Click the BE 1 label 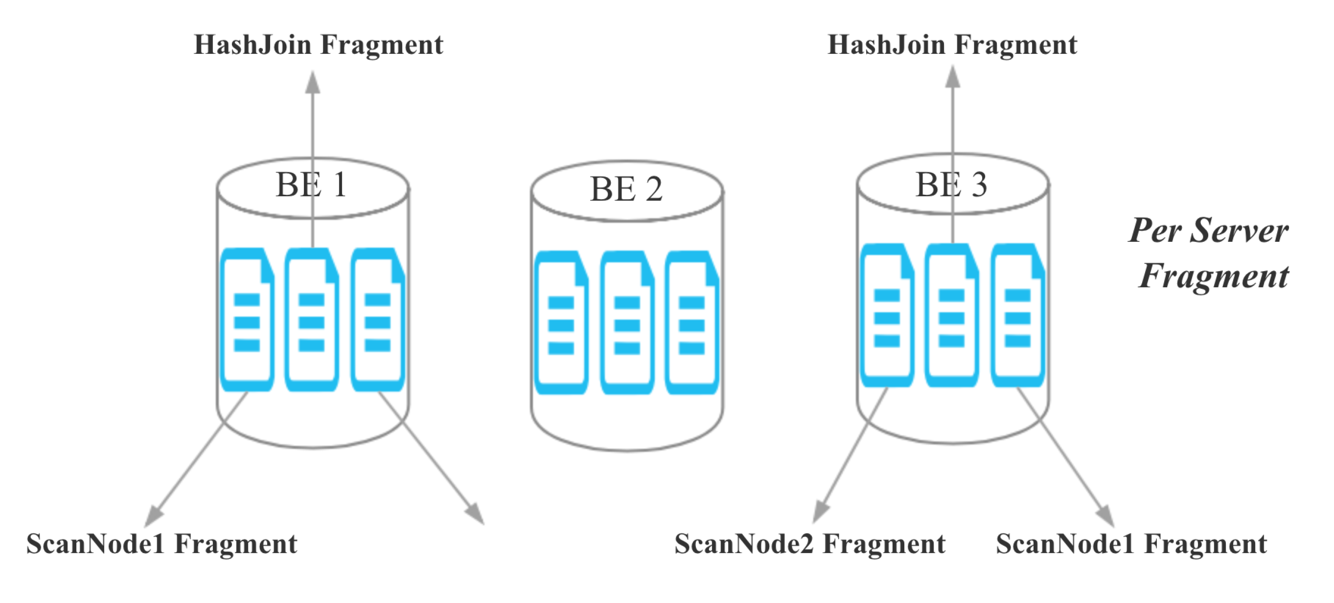point(311,185)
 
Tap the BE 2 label point(626,189)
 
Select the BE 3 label point(951,185)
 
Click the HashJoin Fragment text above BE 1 point(319,45)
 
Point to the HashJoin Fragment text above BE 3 point(952,45)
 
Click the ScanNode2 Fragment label point(810,544)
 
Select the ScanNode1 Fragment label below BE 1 point(162,544)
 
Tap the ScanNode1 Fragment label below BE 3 point(1131,544)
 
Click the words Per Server point(1209,231)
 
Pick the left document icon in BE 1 point(247,320)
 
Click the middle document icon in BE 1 point(312,320)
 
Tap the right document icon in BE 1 point(377,320)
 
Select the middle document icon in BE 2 point(627,323)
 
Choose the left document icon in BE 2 point(561,323)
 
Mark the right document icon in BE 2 point(692,323)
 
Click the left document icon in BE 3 point(887,316)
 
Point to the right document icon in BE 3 point(1017,316)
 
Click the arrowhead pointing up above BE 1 point(312,83)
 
